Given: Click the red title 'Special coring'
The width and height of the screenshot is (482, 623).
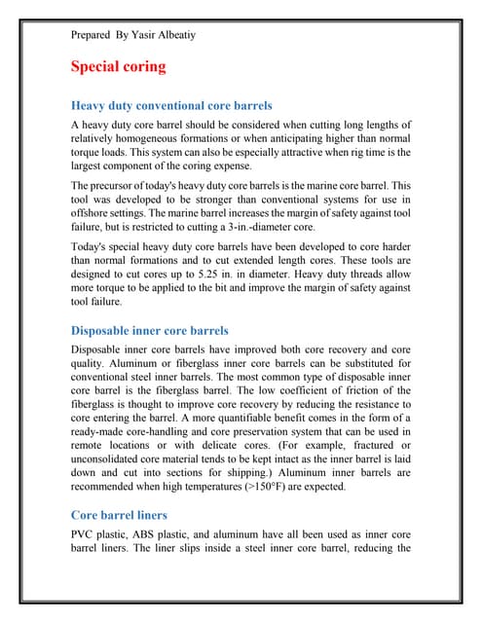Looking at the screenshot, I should click(x=119, y=67).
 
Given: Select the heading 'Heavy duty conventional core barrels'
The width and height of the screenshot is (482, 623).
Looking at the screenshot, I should click(x=171, y=105).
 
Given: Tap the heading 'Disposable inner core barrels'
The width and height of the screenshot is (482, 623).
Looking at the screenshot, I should click(x=150, y=330).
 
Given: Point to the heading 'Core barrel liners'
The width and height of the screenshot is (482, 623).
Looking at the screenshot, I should click(x=120, y=514).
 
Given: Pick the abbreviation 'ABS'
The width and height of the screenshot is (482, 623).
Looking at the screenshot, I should click(x=163, y=536).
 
